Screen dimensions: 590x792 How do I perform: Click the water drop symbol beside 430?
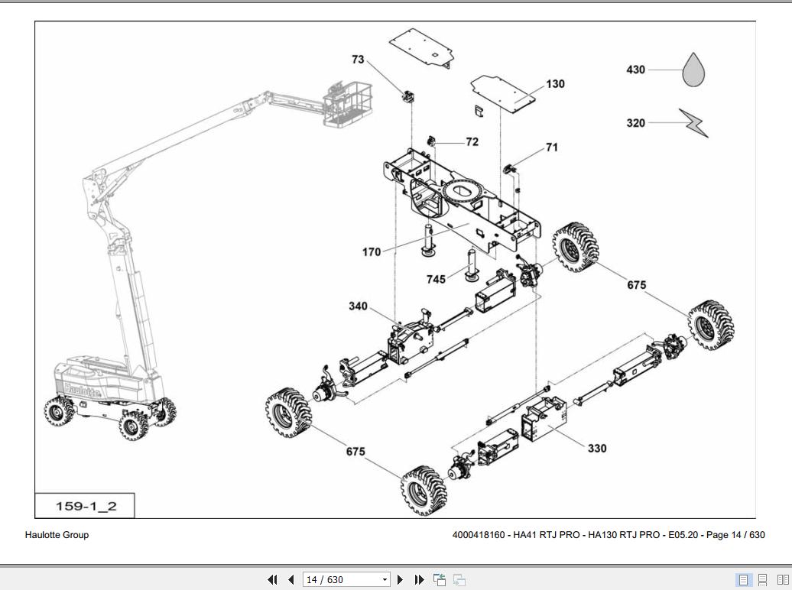click(x=693, y=70)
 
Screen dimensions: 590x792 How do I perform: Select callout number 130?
click(x=555, y=84)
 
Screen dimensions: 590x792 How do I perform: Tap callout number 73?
click(x=359, y=60)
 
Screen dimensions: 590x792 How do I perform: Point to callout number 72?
click(x=472, y=142)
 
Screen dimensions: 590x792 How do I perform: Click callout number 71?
click(x=551, y=147)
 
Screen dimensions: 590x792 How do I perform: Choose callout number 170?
click(x=372, y=252)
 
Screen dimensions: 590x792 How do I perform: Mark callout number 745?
click(x=436, y=280)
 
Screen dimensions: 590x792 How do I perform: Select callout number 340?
click(x=358, y=306)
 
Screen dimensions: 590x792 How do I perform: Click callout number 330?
click(x=596, y=449)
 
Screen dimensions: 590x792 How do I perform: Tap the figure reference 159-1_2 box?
click(x=86, y=506)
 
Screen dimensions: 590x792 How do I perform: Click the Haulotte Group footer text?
click(x=57, y=535)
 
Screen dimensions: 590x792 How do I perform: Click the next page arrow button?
click(x=400, y=580)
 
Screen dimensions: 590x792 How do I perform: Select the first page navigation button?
click(x=272, y=580)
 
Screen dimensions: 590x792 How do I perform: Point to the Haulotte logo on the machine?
click(x=81, y=389)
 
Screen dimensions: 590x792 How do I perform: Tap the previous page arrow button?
click(x=291, y=580)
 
